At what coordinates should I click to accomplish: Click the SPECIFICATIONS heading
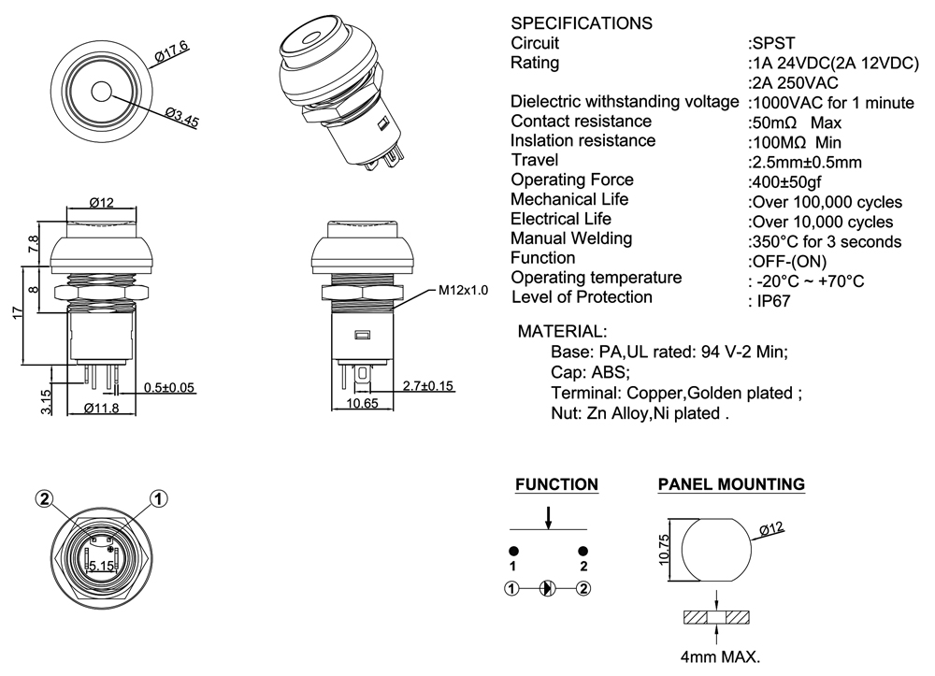click(x=582, y=22)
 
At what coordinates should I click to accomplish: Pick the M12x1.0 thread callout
click(x=464, y=290)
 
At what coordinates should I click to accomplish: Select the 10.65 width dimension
click(x=362, y=403)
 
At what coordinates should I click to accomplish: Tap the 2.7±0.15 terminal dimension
click(x=427, y=385)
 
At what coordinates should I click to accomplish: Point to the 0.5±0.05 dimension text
click(x=169, y=387)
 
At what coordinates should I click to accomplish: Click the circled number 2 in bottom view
click(x=44, y=498)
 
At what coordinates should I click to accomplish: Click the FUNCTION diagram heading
click(x=557, y=484)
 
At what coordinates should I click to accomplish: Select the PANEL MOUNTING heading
click(x=731, y=484)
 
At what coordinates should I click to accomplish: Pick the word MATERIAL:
click(x=562, y=331)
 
